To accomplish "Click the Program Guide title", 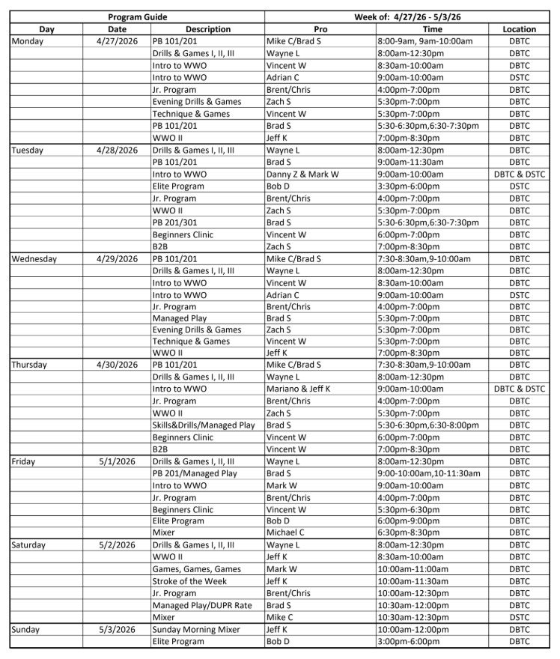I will [137, 16].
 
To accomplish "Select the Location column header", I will [519, 29].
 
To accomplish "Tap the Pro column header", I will [320, 29].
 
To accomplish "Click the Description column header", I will [207, 29].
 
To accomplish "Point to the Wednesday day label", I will [38, 259].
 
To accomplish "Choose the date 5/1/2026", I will [117, 461].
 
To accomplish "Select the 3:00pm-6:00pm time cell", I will [410, 642].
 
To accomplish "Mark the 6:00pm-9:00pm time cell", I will [410, 521].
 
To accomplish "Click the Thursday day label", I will [29, 365].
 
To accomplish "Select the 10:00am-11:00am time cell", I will [413, 569].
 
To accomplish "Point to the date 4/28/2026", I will [117, 150].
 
